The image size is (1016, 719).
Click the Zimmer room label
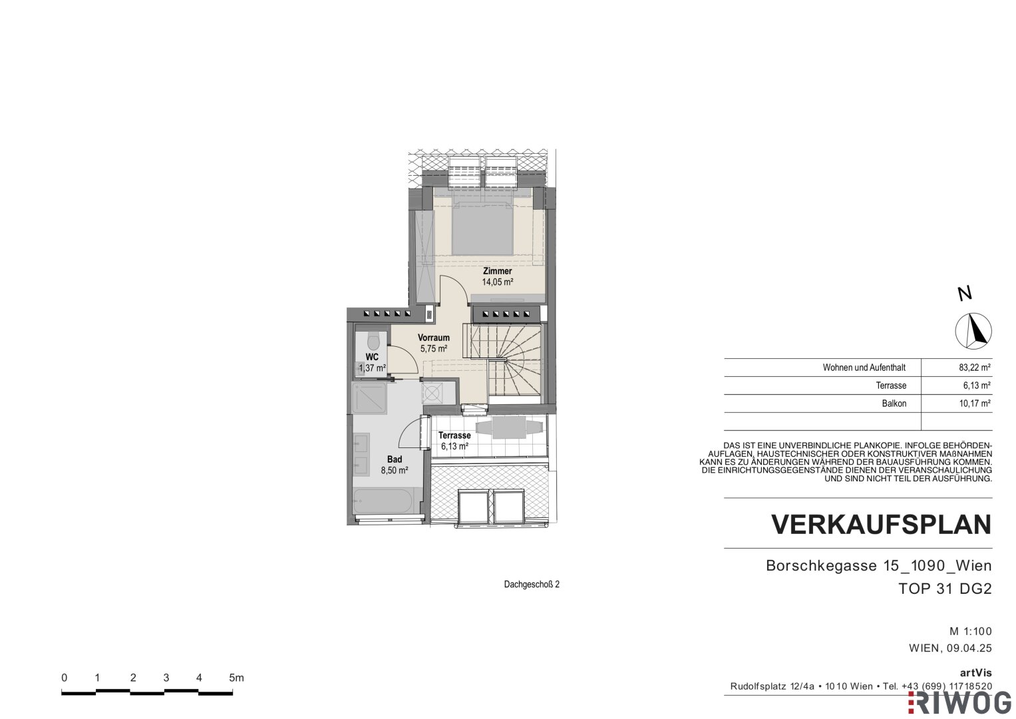tap(498, 271)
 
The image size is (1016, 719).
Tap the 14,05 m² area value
tap(498, 282)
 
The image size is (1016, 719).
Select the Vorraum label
tap(434, 338)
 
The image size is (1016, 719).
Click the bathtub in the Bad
tap(383, 501)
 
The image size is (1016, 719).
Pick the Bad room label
tap(395, 459)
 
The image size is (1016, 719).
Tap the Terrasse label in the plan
tap(454, 435)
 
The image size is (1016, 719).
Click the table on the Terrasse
tap(509, 427)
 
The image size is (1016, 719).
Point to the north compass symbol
tap(973, 331)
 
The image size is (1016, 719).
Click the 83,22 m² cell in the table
tap(975, 367)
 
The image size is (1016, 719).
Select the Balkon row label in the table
tap(894, 403)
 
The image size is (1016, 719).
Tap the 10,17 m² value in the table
tap(975, 403)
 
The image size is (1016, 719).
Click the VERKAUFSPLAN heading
tap(882, 525)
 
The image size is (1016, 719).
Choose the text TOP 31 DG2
tap(945, 589)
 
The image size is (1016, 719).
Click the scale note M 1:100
tap(971, 631)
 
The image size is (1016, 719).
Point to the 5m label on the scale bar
tap(236, 678)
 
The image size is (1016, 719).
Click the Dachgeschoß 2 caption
tap(532, 585)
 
